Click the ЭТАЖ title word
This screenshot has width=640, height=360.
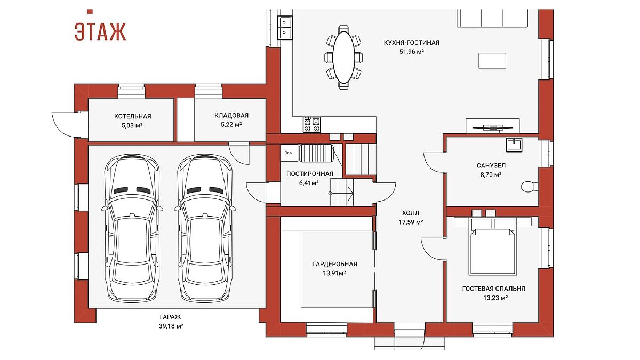100,31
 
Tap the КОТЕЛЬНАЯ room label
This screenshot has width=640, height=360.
133,116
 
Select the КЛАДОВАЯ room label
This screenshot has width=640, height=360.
231,115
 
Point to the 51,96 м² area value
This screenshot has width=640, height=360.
411,52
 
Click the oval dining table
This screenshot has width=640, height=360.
343,57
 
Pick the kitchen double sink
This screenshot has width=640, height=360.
285,27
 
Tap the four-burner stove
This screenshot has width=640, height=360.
311,125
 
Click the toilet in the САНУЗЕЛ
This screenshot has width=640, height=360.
530,187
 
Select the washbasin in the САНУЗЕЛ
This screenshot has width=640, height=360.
514,145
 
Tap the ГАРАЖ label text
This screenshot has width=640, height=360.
170,317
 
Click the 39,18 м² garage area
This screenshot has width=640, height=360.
171,326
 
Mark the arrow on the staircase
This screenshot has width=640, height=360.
341,194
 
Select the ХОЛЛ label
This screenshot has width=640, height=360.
411,213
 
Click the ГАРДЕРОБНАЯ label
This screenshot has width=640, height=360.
335,264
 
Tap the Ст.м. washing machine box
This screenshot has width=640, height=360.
289,153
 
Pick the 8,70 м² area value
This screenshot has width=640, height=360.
491,174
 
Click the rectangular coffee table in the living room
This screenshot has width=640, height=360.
492,61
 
